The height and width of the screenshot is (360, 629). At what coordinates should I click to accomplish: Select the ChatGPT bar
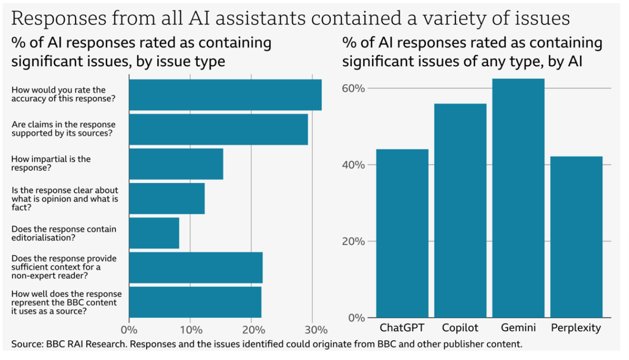(x=402, y=233)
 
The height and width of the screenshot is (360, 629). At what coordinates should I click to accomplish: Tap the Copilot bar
(x=460, y=211)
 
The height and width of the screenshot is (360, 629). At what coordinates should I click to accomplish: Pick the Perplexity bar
(x=576, y=237)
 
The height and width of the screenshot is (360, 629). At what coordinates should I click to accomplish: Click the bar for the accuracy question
(x=225, y=95)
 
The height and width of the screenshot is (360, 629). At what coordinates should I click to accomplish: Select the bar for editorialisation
(x=154, y=233)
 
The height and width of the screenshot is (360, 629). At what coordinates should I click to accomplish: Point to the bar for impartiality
(x=176, y=164)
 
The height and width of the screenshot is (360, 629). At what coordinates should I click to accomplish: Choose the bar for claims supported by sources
(x=219, y=129)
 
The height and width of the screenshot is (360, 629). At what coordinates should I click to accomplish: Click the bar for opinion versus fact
(x=167, y=199)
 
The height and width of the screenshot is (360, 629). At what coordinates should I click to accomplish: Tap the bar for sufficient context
(x=196, y=267)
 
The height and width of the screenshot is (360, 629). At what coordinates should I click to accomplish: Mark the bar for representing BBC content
(x=195, y=302)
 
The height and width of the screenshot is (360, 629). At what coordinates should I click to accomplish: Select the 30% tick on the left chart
(x=315, y=329)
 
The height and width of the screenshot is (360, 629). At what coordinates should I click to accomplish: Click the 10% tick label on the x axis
(x=190, y=329)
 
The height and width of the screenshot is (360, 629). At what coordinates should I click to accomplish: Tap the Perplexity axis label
(x=576, y=328)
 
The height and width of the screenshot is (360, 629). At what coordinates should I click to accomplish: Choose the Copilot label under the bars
(x=460, y=328)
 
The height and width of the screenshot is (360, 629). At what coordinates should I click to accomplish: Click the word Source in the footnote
(x=27, y=344)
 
